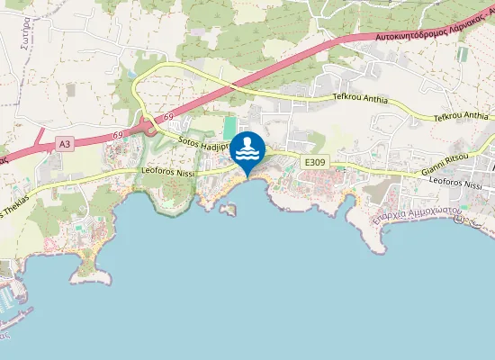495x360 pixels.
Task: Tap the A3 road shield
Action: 63,143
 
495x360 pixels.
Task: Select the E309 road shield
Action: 314,162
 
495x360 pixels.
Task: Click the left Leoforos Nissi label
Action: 168,169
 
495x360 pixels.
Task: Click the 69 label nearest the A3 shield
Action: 118,135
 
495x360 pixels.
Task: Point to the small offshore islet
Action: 228,210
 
